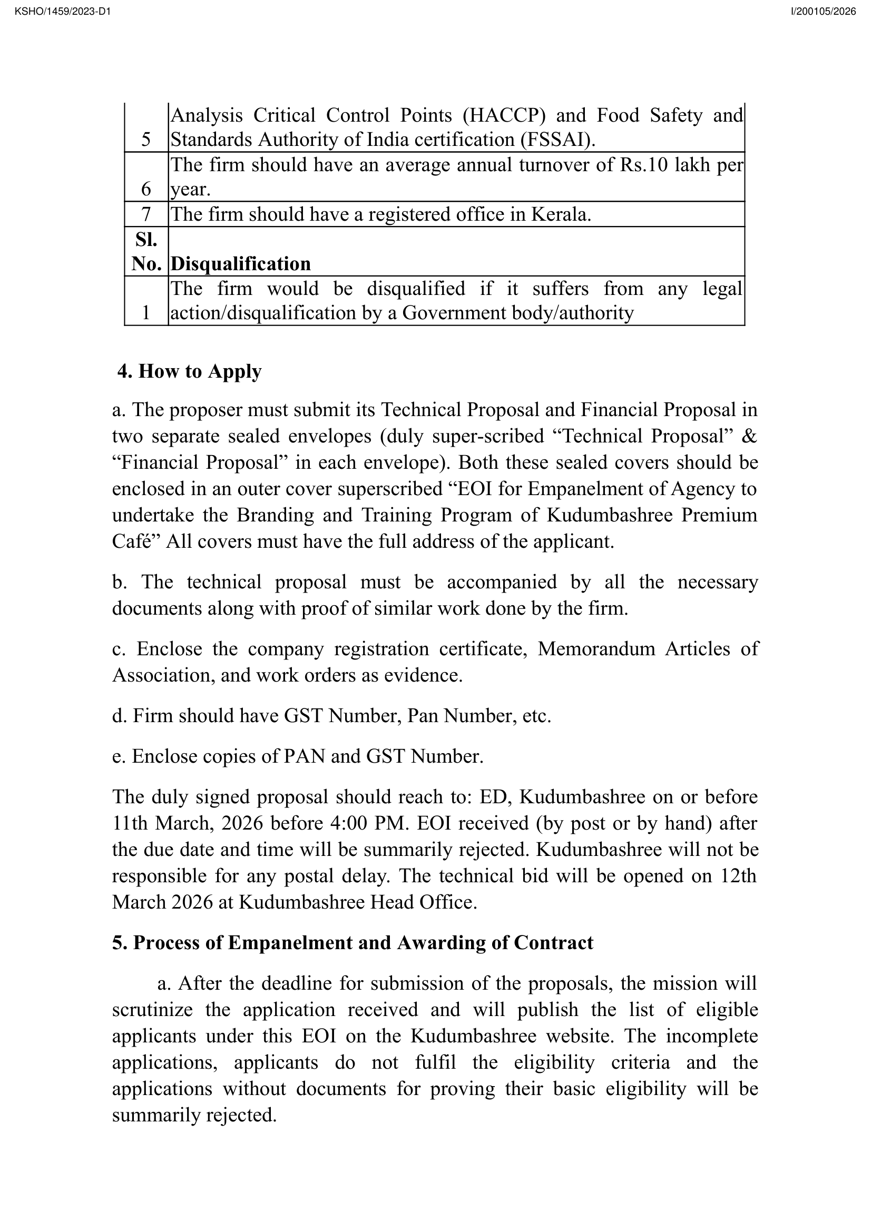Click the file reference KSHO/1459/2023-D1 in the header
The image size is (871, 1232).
[x=63, y=11]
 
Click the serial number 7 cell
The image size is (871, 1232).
[x=146, y=214]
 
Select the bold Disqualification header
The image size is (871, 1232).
[x=240, y=264]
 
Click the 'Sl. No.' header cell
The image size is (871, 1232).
[x=146, y=252]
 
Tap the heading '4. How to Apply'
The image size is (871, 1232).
[x=190, y=371]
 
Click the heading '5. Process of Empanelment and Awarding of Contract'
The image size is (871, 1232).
[x=353, y=943]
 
